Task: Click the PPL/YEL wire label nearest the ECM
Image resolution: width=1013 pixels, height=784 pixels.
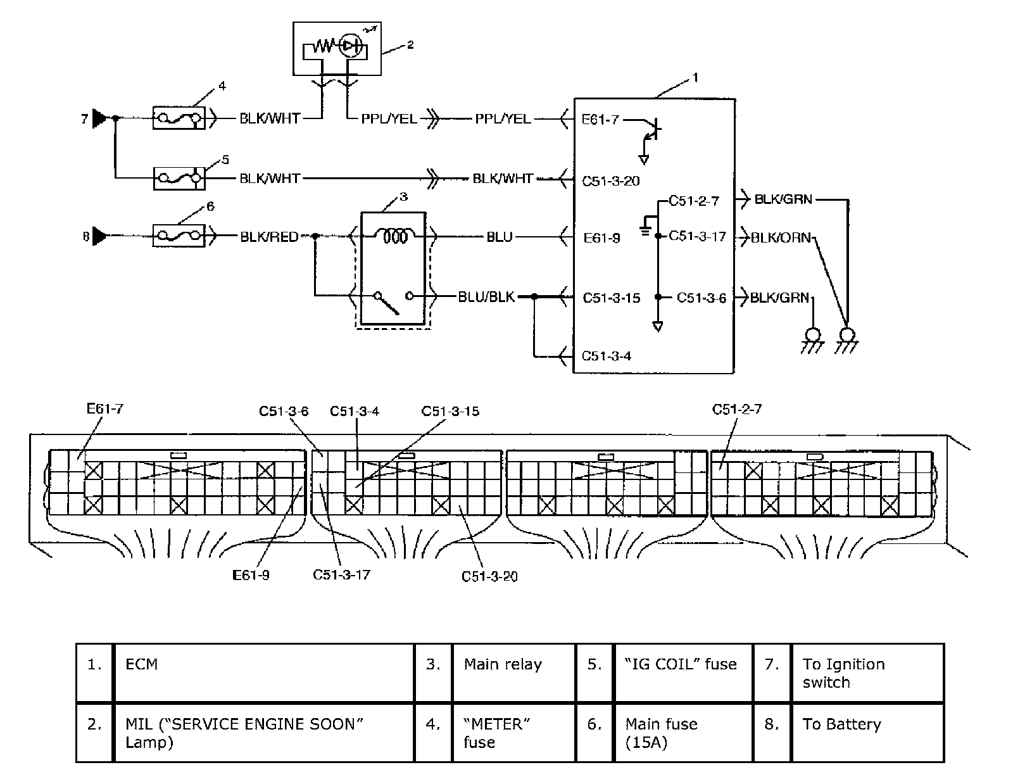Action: [x=503, y=118]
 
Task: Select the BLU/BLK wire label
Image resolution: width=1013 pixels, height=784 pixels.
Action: [x=486, y=296]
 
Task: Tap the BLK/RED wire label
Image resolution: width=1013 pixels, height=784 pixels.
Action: [x=269, y=237]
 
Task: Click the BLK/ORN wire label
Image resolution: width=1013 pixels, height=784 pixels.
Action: [x=781, y=237]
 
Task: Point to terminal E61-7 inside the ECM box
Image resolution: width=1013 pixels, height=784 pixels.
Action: [x=600, y=119]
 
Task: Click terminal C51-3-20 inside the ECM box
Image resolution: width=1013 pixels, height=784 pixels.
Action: [x=610, y=180]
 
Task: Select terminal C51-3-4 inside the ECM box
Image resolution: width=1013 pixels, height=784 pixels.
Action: [x=606, y=355]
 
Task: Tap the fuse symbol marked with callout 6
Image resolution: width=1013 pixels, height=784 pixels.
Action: [x=179, y=236]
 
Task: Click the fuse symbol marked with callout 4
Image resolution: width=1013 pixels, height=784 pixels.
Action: [x=179, y=118]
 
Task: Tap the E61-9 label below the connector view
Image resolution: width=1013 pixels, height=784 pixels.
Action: [x=251, y=575]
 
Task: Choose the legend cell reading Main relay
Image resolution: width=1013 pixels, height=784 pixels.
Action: [x=503, y=664]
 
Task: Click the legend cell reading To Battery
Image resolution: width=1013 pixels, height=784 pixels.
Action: [x=841, y=724]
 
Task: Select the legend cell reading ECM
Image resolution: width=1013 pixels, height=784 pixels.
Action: [x=142, y=664]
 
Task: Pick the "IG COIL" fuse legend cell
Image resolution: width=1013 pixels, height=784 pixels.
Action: [x=681, y=664]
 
